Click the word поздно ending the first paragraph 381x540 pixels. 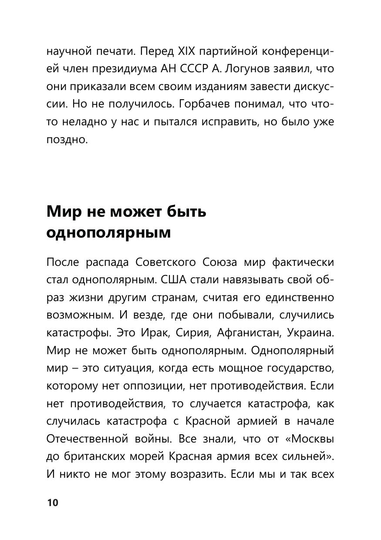click(67, 140)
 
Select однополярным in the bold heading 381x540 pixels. click(108, 233)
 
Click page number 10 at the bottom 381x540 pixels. click(52, 503)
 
